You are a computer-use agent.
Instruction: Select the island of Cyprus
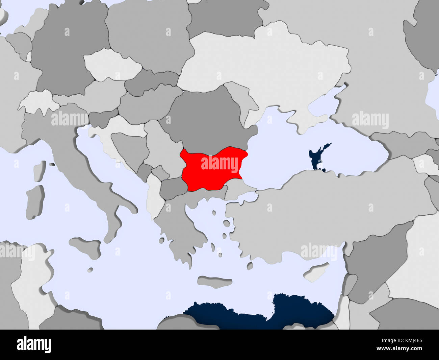(316, 272)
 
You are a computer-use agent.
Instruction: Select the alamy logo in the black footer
(34, 345)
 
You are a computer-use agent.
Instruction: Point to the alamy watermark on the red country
(219, 164)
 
